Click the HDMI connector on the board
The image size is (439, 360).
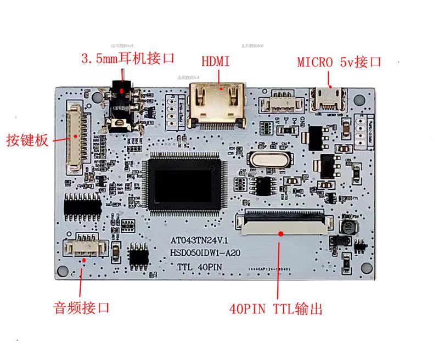pyautogui.click(x=217, y=106)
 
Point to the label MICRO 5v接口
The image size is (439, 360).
pyautogui.click(x=339, y=62)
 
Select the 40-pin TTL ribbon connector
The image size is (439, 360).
pyautogui.click(x=285, y=222)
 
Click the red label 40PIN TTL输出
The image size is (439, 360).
pyautogui.click(x=275, y=309)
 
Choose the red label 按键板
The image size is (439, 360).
pyautogui.click(x=27, y=139)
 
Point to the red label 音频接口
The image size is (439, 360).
pyautogui.click(x=81, y=307)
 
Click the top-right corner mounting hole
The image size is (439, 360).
pyautogui.click(x=359, y=100)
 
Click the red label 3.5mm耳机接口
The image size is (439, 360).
pyautogui.click(x=127, y=58)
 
